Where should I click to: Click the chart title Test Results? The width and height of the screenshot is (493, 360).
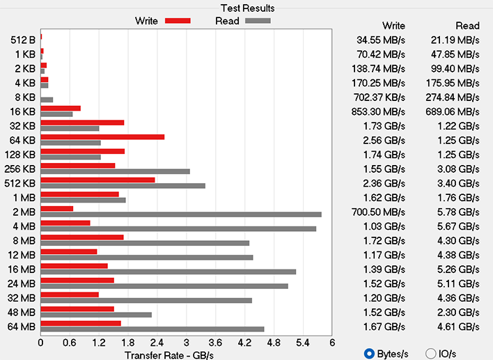247,8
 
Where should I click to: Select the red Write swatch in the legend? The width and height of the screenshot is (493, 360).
178,21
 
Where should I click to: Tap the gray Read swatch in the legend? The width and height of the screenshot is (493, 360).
257,21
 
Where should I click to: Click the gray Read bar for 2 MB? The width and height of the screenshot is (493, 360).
181,214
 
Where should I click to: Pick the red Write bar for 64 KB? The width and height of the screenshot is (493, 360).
102,136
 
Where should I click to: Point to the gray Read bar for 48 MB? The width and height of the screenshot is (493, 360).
96,315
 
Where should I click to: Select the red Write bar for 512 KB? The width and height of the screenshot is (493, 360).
97,180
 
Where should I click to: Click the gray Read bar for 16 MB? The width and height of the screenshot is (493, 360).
168,272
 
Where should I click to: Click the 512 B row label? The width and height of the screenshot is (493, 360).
24,40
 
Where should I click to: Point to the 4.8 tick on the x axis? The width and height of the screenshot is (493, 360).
273,343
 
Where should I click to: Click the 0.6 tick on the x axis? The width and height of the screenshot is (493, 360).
70,343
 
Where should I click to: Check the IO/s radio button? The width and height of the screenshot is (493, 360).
430,353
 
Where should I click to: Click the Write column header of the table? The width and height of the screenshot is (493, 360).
393,26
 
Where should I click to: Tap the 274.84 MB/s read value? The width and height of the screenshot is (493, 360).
453,97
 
